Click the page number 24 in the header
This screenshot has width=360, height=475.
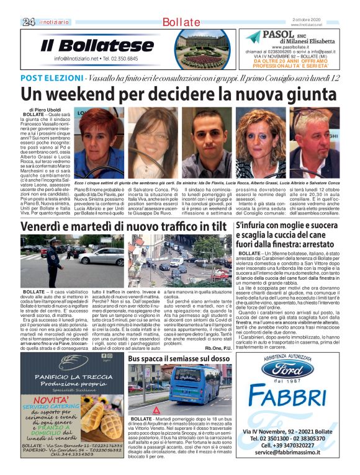tap(28, 22)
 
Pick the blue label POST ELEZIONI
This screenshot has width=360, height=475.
tap(52, 78)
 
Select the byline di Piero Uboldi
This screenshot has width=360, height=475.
tap(46, 109)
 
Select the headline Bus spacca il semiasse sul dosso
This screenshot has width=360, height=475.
tap(179, 358)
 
